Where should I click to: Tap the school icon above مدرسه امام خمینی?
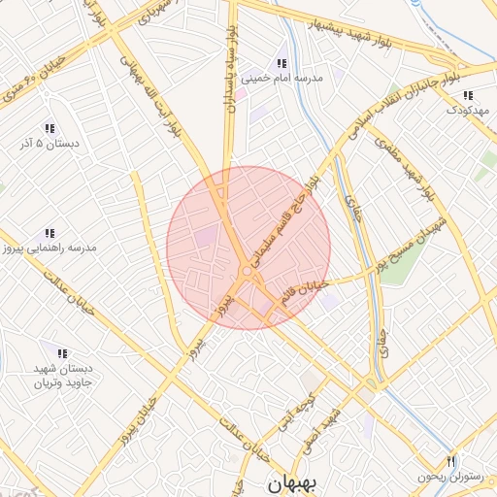282,53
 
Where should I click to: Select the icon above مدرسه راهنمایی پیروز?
48,233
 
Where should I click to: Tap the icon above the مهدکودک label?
469,95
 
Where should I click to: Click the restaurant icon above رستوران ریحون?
450,460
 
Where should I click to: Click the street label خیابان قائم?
306,291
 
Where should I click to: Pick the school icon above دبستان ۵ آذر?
49,128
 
